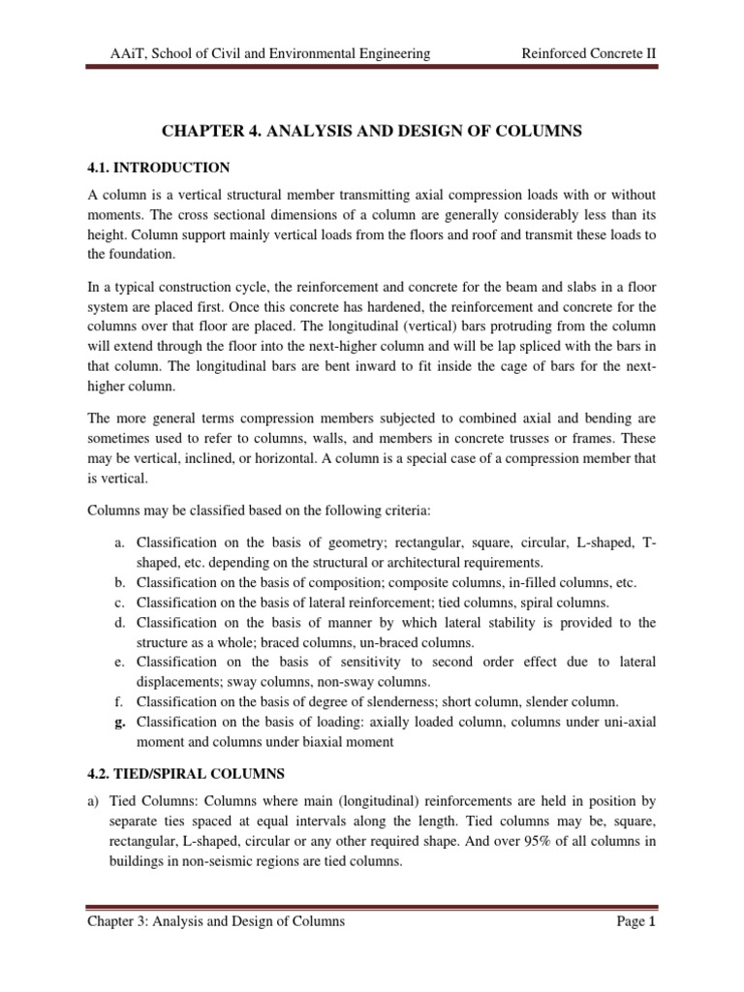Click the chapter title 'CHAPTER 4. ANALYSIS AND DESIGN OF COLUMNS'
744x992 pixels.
(x=371, y=130)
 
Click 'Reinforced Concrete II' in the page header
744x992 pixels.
(x=589, y=54)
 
